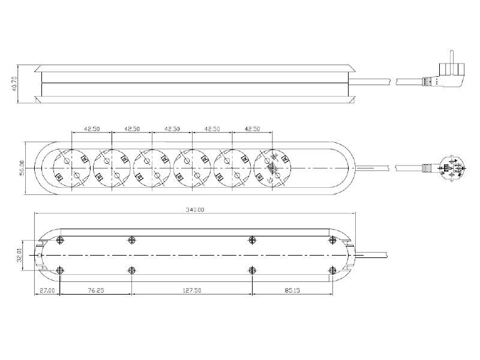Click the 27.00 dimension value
pos(47,290)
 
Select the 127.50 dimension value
pos(191,290)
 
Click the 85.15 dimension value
pos(292,290)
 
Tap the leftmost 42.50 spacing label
pos(91,128)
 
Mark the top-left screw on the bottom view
pos(59,241)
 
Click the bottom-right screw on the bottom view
pos(332,269)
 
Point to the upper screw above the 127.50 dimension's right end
pos(252,241)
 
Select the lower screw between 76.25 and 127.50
pos(131,269)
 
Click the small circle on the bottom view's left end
pos(40,255)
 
